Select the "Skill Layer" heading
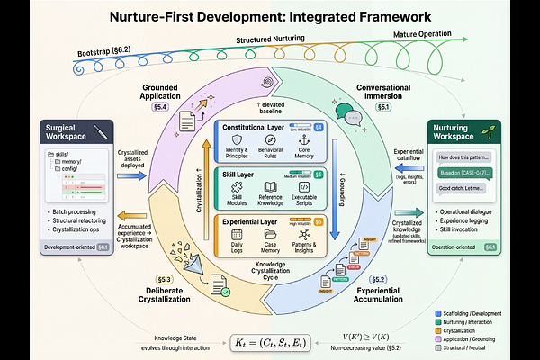242,173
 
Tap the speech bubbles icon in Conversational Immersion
352,116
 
